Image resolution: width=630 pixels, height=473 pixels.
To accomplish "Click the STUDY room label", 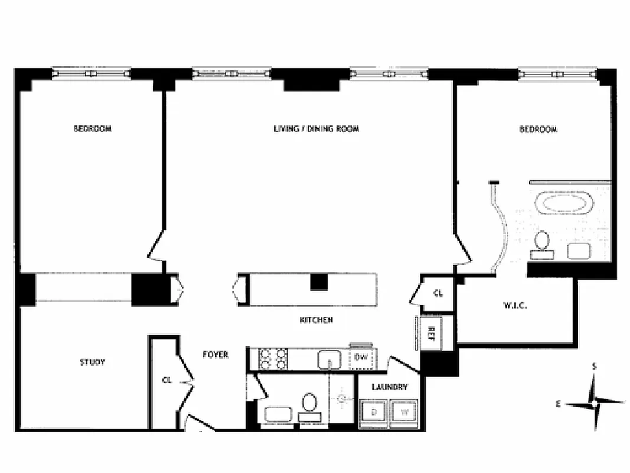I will pos(92,362).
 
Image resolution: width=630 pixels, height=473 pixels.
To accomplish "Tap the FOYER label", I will pos(216,355).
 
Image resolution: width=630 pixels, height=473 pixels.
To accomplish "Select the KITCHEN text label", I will pos(316,320).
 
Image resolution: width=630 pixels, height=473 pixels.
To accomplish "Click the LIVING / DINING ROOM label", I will pos(316,128).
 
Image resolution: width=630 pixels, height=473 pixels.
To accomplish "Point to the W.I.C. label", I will pos(515,306).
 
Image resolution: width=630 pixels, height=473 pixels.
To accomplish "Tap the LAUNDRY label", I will pos(389,387).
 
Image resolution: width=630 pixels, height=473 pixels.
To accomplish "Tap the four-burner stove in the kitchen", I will pos(273,358).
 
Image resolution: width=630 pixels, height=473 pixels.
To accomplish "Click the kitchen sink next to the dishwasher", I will pos(328,358).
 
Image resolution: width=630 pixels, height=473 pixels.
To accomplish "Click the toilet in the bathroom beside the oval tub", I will pos(541,242).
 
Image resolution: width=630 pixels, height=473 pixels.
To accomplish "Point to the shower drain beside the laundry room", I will pos(342,399).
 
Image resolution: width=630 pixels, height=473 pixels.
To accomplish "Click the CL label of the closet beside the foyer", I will pos(167,380).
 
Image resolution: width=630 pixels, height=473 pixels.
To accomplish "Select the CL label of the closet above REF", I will pos(438,293).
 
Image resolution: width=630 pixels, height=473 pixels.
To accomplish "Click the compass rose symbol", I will pos(594,404).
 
